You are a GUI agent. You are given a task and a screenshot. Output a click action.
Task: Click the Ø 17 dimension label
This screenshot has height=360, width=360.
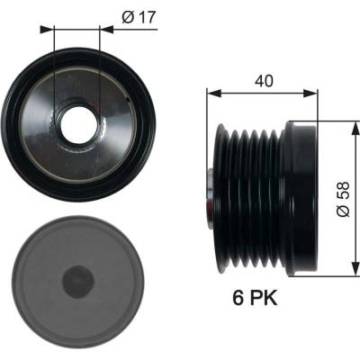click(139, 18)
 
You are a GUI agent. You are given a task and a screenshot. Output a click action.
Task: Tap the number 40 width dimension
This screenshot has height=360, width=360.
click(264, 81)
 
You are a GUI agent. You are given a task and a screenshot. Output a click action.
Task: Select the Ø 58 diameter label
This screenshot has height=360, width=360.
click(343, 199)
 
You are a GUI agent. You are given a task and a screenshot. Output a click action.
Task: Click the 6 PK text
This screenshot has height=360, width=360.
click(255, 299)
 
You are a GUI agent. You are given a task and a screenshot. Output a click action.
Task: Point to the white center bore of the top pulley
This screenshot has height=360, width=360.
click(79, 125)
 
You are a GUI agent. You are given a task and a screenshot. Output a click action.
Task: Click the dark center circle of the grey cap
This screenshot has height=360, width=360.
click(78, 281)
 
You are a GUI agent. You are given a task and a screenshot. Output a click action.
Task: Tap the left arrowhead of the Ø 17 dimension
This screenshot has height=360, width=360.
click(47, 30)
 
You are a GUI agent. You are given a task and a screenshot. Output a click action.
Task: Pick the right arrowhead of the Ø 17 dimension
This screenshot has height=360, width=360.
click(106, 30)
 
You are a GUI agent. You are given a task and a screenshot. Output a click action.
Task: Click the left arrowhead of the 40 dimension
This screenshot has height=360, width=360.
click(214, 93)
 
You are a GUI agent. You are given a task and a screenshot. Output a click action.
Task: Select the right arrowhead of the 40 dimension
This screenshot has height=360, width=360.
click(310, 93)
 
